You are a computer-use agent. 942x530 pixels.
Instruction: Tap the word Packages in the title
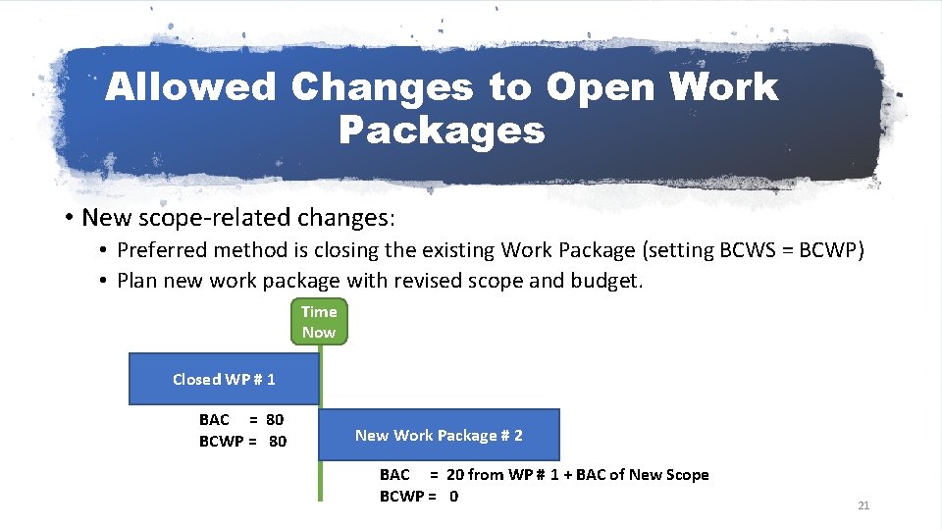[442, 129]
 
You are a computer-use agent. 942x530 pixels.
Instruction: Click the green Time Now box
[319, 322]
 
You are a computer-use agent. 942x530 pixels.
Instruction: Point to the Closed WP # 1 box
[224, 379]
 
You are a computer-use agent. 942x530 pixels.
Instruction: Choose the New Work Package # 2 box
[439, 435]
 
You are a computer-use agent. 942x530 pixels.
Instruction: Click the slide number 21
[863, 505]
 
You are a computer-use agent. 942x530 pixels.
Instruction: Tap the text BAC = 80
[241, 420]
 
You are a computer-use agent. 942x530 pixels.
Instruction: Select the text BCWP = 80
[242, 442]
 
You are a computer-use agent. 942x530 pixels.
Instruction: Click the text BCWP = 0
[418, 496]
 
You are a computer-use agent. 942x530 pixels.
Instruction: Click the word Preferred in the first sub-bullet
[162, 250]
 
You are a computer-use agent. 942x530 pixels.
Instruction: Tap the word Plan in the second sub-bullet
[136, 281]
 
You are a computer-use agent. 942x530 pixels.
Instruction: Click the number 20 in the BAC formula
[455, 475]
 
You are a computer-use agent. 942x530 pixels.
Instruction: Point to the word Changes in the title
[382, 87]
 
